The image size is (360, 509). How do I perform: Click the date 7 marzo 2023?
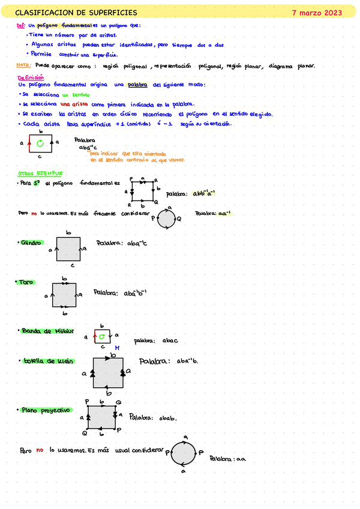coord(316,12)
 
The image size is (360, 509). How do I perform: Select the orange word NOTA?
coord(24,66)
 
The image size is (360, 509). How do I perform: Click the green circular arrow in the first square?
coord(40,143)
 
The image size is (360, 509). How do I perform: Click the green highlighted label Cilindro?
coord(31,243)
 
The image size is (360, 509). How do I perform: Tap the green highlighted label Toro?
coord(26,282)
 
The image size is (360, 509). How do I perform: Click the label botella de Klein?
coord(48,361)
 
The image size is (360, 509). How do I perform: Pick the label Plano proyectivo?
coord(46,411)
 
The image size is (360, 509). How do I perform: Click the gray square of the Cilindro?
coord(68,248)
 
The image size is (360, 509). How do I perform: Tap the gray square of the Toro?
coord(64,295)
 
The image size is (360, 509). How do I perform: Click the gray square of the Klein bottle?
coord(108,373)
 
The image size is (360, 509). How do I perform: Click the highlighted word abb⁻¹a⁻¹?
coord(203,193)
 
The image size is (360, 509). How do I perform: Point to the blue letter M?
coord(118,348)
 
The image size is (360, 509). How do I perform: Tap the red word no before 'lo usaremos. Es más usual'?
coord(40,449)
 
